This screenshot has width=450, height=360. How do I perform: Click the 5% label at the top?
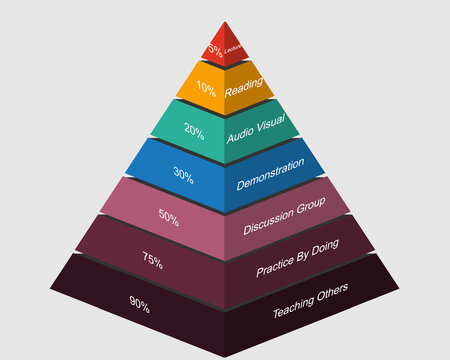pyautogui.click(x=213, y=49)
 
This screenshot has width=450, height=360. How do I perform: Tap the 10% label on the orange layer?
pyautogui.click(x=206, y=88)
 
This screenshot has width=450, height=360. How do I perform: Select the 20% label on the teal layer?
pyautogui.click(x=194, y=130)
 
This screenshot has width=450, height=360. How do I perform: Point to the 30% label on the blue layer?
pyautogui.click(x=183, y=172)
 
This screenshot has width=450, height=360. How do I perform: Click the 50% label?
pyautogui.click(x=170, y=214)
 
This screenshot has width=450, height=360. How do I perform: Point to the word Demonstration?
pyautogui.click(x=270, y=174)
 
